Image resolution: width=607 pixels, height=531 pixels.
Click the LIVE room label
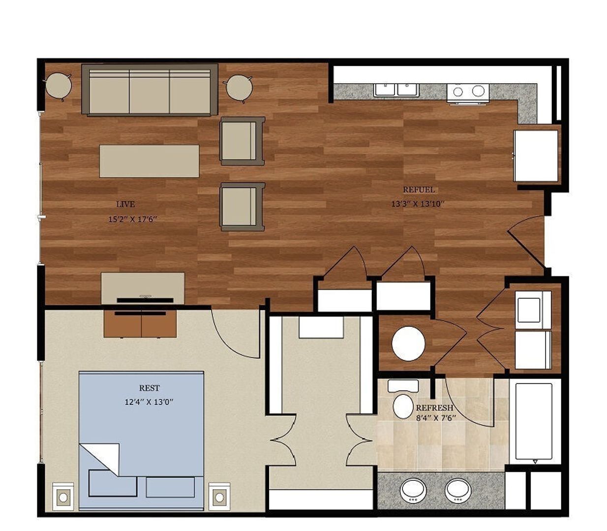[x=125, y=204]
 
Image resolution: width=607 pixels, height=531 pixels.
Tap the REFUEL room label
[x=419, y=190]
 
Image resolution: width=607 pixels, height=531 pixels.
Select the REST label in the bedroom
[x=149, y=388]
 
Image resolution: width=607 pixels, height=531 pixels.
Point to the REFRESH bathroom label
[x=434, y=408]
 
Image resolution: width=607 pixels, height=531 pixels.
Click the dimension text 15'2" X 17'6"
[x=132, y=219]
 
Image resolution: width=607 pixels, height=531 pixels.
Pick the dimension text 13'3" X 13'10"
[x=418, y=204]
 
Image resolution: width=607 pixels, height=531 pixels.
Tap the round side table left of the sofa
[x=59, y=87]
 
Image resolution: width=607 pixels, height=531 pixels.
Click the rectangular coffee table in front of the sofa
[x=149, y=161]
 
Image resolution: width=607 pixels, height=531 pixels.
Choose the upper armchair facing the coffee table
[x=242, y=141]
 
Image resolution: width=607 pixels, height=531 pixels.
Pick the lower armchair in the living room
[x=242, y=206]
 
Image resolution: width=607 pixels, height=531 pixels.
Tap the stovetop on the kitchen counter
[x=468, y=92]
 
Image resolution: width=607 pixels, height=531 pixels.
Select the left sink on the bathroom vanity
[x=413, y=490]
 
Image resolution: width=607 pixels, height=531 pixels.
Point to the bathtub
[x=534, y=421]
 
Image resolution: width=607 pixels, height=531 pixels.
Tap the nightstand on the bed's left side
[x=63, y=497]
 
